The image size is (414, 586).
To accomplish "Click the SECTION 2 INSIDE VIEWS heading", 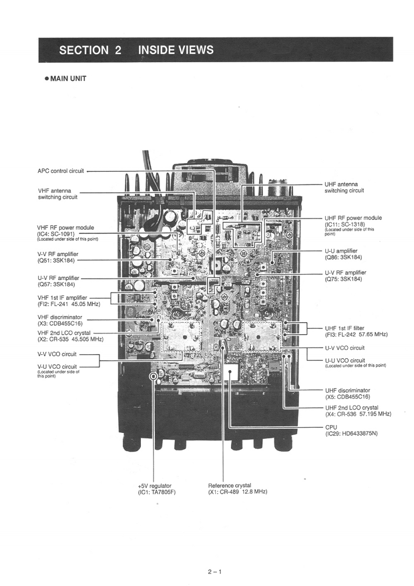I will click(x=137, y=50).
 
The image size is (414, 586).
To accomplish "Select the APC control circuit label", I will click(x=60, y=171).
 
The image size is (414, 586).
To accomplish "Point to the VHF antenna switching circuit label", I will click(x=57, y=194).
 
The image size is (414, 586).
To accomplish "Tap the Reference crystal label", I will click(x=229, y=486).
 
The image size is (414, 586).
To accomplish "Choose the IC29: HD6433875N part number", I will click(x=349, y=433).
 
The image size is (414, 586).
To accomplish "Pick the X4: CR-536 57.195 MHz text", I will click(x=358, y=414).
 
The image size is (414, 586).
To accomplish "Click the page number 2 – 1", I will click(x=214, y=571).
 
